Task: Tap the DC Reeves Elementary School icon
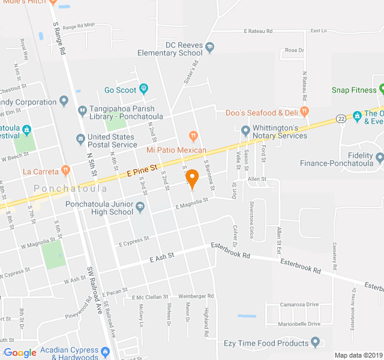(x=209, y=46)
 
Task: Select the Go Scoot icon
(x=143, y=90)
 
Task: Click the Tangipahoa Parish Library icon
(x=82, y=110)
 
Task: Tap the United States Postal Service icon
(x=80, y=139)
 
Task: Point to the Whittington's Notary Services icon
(x=245, y=130)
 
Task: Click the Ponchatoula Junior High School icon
(x=140, y=208)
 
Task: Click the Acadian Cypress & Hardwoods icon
(x=106, y=351)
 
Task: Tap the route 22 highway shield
(x=341, y=118)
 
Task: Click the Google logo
(x=20, y=353)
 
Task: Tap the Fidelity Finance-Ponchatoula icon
(x=379, y=157)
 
